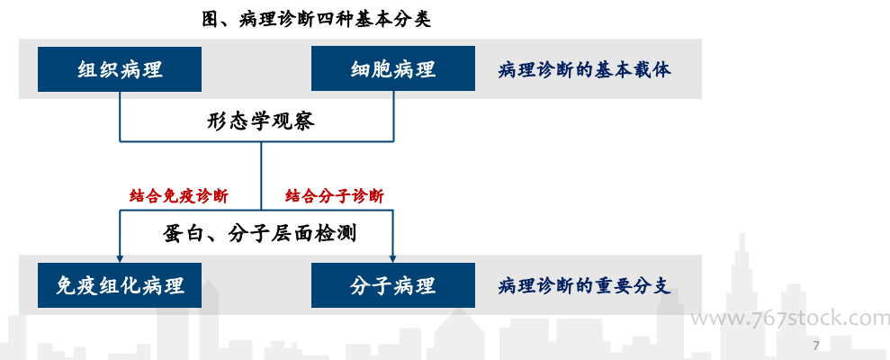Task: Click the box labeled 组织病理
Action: (120, 68)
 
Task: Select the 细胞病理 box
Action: (392, 68)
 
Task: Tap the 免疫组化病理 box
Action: (120, 285)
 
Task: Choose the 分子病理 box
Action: (392, 285)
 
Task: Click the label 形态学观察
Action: (261, 121)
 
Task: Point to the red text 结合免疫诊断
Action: (179, 196)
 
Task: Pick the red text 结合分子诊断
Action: (335, 196)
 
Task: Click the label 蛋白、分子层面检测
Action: (260, 233)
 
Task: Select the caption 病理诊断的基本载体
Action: (585, 70)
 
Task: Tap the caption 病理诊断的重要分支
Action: (585, 285)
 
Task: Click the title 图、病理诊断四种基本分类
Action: (317, 19)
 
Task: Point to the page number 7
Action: (816, 346)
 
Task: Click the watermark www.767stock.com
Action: (790, 319)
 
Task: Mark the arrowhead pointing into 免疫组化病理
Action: (120, 258)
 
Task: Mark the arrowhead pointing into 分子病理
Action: (392, 258)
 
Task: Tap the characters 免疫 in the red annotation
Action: (179, 196)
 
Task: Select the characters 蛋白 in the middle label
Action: (182, 233)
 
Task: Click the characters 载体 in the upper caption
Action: (652, 70)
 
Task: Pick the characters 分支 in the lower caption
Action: (652, 285)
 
